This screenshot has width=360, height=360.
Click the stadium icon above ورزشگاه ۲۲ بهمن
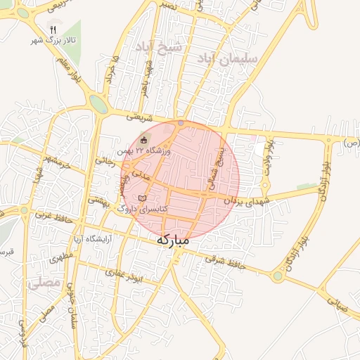[x=144, y=139]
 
